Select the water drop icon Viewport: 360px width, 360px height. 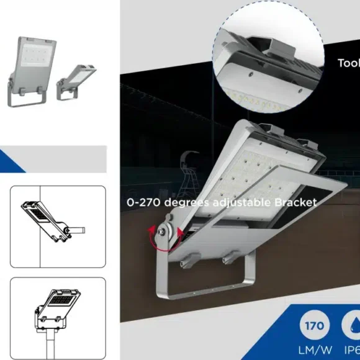(x=353, y=325)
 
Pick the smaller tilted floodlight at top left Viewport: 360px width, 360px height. (x=77, y=80)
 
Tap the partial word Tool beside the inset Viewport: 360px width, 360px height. (x=348, y=63)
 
